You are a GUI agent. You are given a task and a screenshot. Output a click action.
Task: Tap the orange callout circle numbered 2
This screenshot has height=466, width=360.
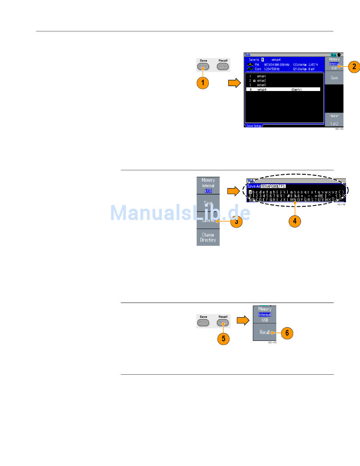coord(354,67)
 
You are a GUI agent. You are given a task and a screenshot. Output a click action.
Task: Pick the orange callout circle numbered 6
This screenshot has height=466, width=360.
coord(287,333)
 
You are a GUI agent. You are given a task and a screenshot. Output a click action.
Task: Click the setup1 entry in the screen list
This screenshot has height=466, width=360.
coord(261,76)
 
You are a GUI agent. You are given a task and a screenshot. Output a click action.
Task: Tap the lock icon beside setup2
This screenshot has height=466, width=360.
coord(254,81)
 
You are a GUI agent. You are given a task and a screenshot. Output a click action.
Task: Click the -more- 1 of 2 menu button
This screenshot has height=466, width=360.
coord(334,120)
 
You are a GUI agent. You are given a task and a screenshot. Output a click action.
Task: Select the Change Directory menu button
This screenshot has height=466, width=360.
coord(208,237)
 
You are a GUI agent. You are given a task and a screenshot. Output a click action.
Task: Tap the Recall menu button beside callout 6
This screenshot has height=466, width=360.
coord(265,332)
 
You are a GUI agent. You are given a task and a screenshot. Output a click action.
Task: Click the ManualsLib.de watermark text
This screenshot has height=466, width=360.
coord(180,213)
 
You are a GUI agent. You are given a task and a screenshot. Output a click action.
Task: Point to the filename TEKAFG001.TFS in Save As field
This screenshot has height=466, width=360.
coord(273,186)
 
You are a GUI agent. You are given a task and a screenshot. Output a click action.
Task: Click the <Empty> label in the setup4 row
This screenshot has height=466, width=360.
coord(299,89)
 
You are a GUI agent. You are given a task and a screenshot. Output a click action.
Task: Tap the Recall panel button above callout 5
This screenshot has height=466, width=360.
coord(223,323)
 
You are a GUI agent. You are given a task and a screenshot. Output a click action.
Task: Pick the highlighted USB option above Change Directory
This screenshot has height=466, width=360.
coord(208,191)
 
